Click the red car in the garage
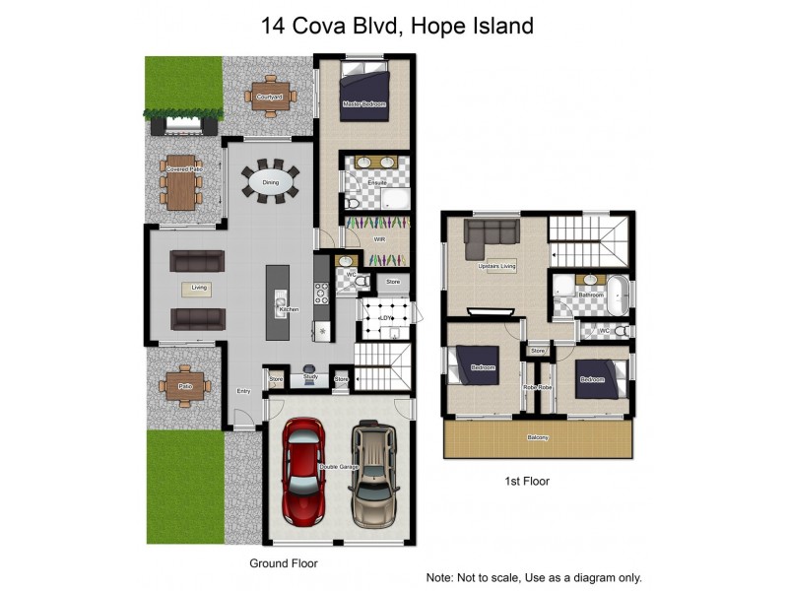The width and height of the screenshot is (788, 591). [x=303, y=472]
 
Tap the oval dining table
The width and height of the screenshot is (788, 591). [x=270, y=182]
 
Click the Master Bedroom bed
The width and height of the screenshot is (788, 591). [x=365, y=94]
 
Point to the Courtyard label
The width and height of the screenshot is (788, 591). [x=269, y=98]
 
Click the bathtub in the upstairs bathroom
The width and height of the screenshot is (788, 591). [x=618, y=295]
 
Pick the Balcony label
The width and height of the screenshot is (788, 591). [x=537, y=437]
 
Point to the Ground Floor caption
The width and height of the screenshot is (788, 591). [x=283, y=563]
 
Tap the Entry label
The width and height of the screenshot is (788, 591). [x=243, y=391]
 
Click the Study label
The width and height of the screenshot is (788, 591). [x=309, y=376]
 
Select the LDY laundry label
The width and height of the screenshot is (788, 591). [x=386, y=318]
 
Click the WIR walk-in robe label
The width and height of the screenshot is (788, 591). [x=378, y=239]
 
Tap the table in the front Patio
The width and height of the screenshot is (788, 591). [x=185, y=386]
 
